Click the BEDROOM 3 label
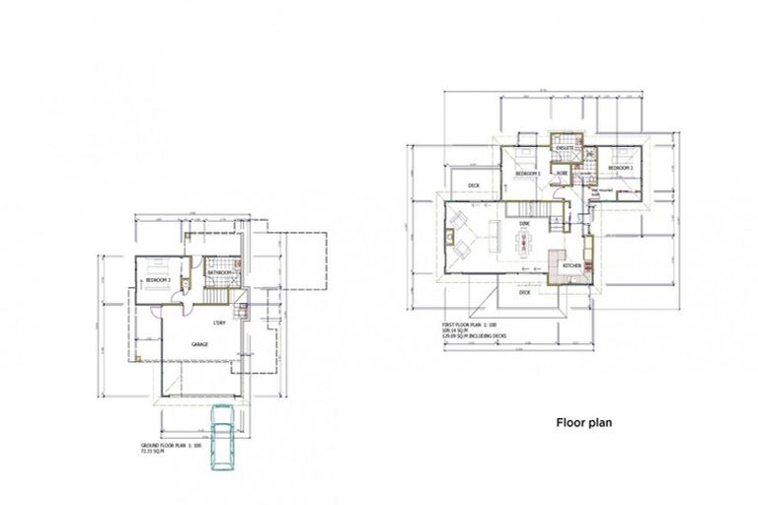coord(158,280)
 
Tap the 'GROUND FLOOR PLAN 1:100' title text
coord(172,446)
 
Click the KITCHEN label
coord(571,266)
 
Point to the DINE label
coord(525,224)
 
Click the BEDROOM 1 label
coord(526,174)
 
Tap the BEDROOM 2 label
coord(619,169)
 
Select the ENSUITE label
coord(566,148)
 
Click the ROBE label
coord(561,174)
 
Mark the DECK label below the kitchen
coord(524,292)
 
